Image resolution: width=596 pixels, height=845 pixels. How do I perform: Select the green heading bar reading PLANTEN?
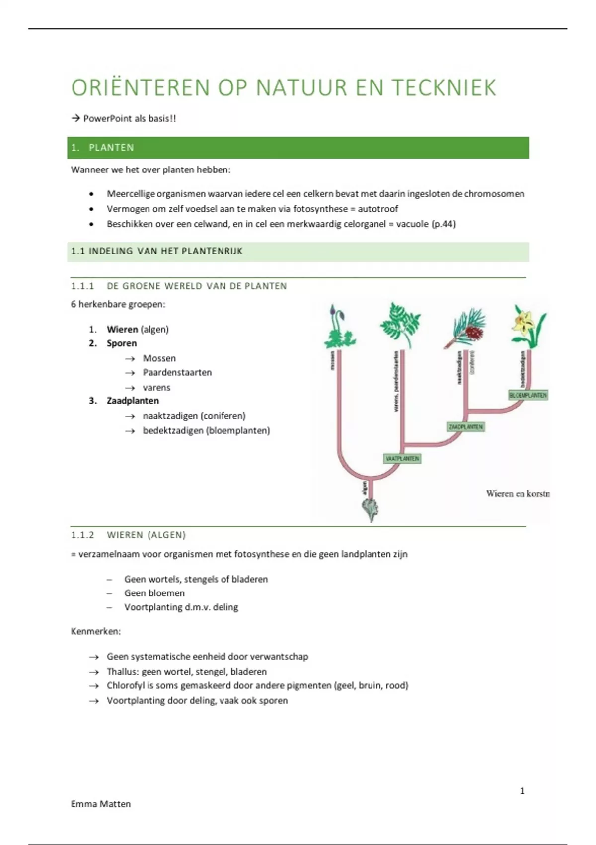point(298,148)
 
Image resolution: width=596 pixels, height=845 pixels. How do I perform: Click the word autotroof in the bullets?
point(378,209)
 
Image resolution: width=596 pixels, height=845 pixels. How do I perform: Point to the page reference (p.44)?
point(444,224)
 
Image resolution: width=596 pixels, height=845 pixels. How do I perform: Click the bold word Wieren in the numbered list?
point(122,329)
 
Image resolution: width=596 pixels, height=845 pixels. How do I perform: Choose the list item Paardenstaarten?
point(177,372)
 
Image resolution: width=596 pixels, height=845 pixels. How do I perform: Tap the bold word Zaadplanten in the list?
point(133,401)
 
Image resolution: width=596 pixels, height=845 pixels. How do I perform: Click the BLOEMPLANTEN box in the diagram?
point(528,395)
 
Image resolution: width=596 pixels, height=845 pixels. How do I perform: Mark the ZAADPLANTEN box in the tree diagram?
point(465,427)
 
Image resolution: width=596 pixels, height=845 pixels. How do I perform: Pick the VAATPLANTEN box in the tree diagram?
point(402,458)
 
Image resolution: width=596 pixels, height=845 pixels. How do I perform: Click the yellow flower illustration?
point(528,326)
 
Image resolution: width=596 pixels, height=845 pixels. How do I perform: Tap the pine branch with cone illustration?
point(465,328)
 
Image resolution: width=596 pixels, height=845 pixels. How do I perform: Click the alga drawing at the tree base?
point(371,509)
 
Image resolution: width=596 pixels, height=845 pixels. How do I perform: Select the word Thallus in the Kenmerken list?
point(122,672)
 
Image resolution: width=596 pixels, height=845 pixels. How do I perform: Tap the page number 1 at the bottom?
point(522,791)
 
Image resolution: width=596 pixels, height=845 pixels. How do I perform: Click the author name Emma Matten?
point(101,804)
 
